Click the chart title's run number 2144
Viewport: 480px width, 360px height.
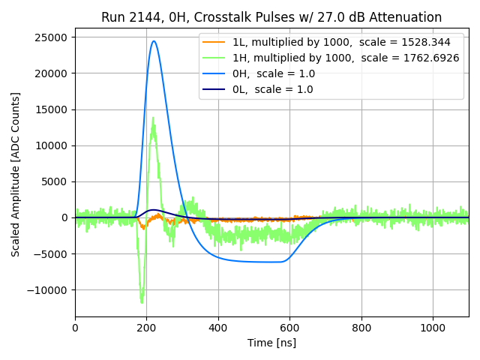[x=144, y=17]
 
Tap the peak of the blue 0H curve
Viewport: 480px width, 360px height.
[x=154, y=41]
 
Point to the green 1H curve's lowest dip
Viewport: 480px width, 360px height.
[x=142, y=302]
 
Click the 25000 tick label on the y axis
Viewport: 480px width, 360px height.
[x=51, y=37]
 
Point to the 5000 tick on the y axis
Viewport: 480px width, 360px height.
[x=54, y=181]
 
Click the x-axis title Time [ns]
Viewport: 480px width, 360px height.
[x=271, y=343]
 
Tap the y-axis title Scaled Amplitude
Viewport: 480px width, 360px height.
[x=16, y=174]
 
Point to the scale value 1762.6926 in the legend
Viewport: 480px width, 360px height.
[x=429, y=58]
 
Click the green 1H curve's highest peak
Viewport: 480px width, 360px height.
[x=153, y=117]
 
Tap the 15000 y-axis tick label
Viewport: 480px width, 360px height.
[x=51, y=109]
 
